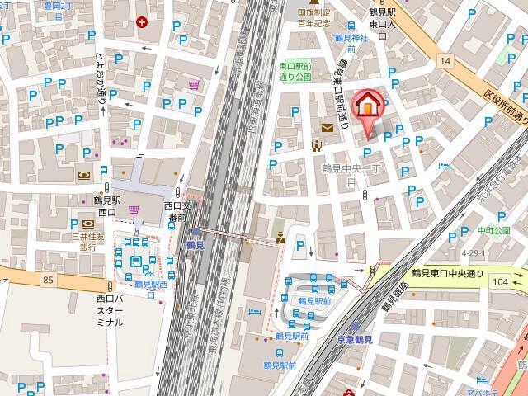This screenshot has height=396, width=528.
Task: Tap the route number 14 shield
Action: coord(445,61)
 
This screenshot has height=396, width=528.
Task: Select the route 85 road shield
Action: coord(49,280)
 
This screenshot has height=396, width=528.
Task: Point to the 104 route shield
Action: coord(499,281)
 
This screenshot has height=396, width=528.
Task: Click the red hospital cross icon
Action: coord(143,22)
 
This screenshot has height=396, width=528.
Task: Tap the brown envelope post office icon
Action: coord(328,127)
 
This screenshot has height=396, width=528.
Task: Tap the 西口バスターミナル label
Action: coord(110,310)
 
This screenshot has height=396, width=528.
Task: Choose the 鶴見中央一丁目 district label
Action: coord(351,174)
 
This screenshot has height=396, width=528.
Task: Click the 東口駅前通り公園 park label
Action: coord(295,71)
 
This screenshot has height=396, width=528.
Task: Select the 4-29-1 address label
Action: coord(474,252)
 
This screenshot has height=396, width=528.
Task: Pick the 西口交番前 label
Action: coord(176,211)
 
